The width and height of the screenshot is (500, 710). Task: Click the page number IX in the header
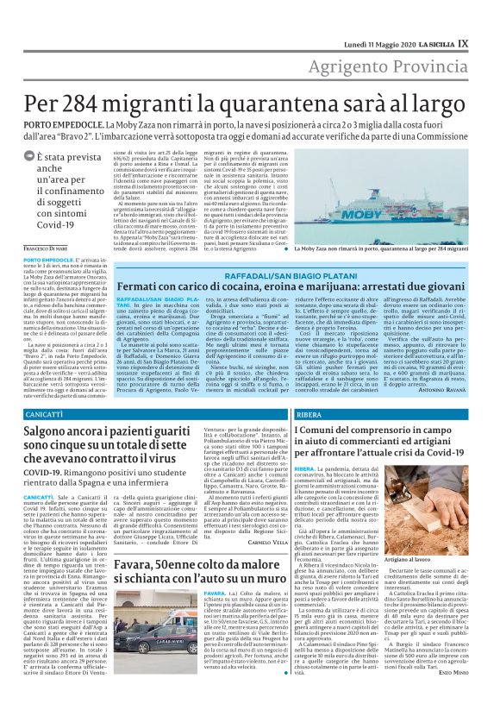click(487, 18)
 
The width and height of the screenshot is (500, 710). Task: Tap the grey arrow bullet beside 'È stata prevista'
click(28, 158)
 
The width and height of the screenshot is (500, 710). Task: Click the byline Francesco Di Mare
click(42, 248)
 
